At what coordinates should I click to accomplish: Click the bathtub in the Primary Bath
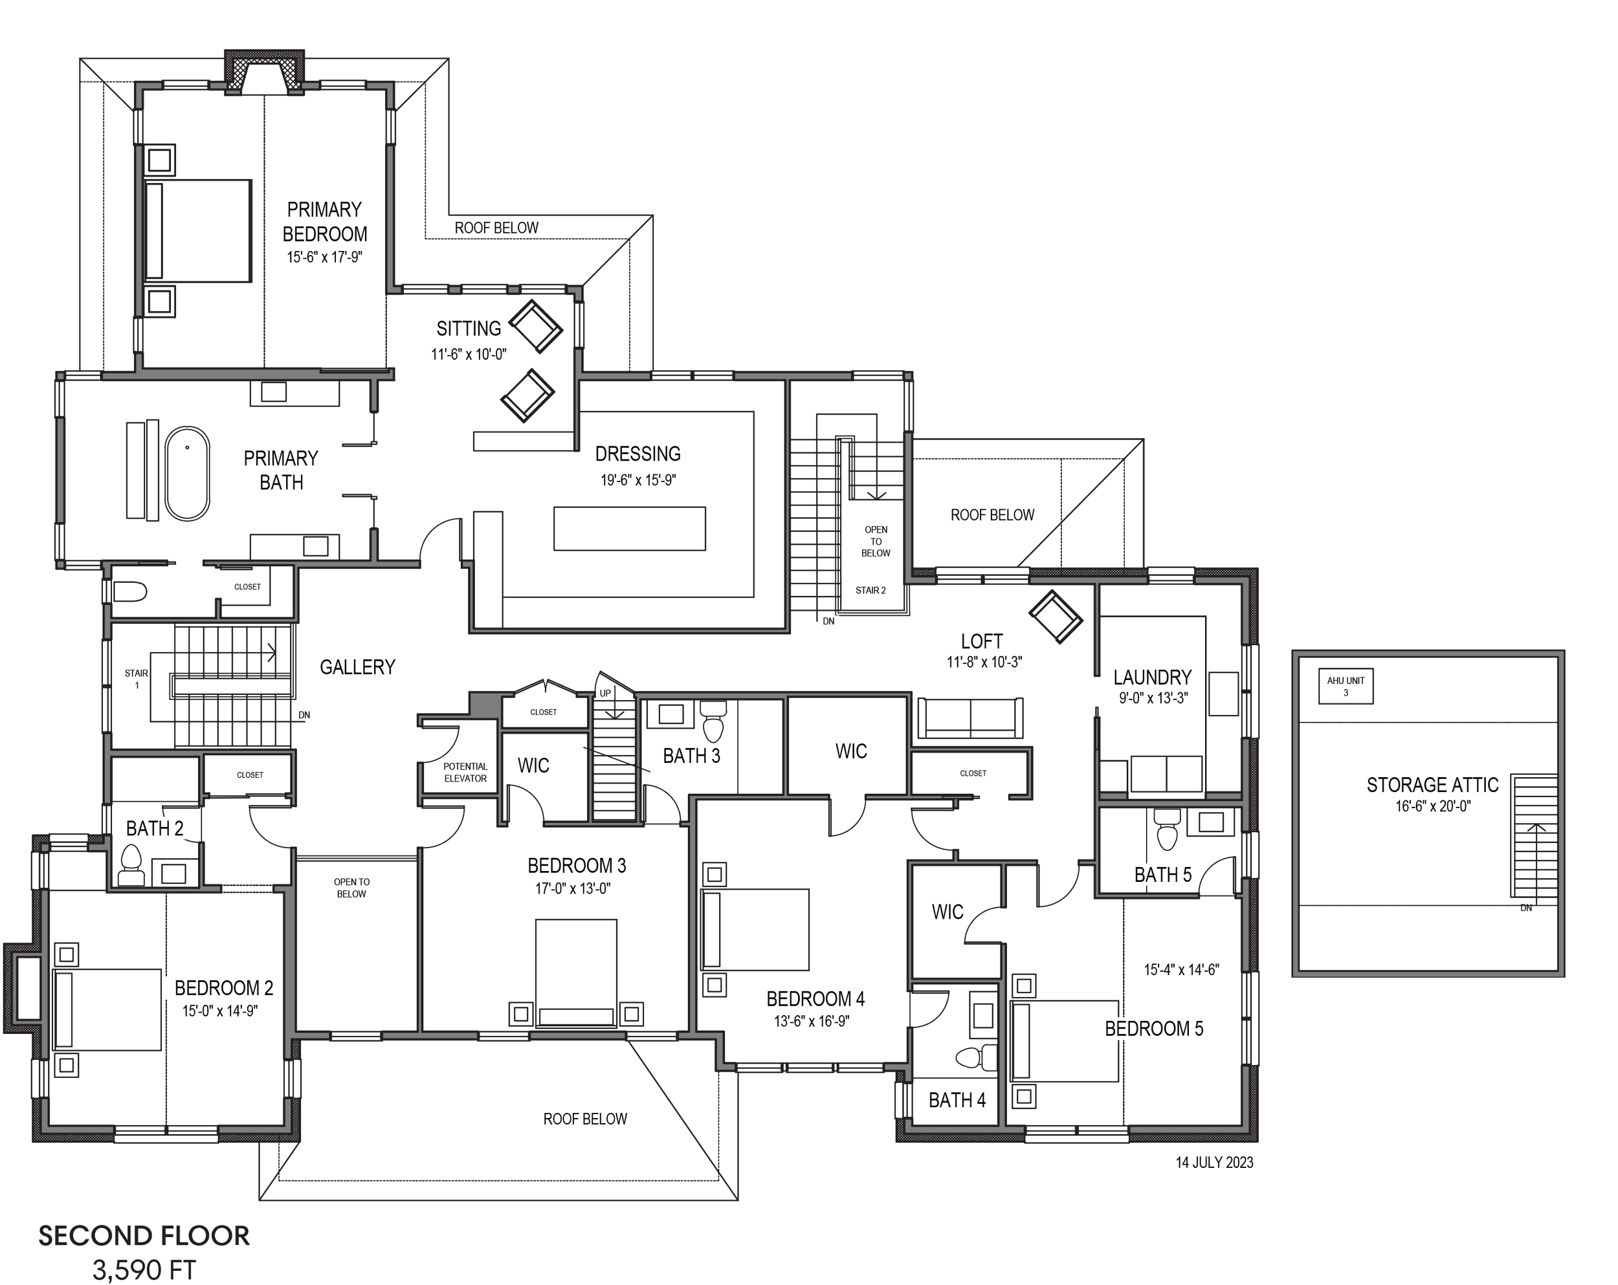[188, 474]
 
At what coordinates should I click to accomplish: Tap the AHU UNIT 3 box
[1346, 686]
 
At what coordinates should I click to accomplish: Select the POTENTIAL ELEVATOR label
[465, 772]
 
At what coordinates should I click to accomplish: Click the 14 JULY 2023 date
[1214, 1162]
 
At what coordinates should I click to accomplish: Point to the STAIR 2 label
[870, 590]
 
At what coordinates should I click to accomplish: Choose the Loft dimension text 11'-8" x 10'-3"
[984, 662]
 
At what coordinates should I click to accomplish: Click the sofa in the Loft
[970, 718]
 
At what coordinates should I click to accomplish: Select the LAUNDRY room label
[1152, 677]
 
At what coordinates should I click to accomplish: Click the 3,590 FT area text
[144, 1269]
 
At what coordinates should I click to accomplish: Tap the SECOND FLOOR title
[144, 1235]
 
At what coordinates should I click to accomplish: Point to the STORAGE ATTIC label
[1432, 785]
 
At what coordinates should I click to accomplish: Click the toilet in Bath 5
[1166, 829]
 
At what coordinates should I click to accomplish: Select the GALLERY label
[357, 667]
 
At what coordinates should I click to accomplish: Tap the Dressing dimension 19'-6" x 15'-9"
[638, 480]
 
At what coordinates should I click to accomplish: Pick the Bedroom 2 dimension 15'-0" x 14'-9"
[220, 1011]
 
